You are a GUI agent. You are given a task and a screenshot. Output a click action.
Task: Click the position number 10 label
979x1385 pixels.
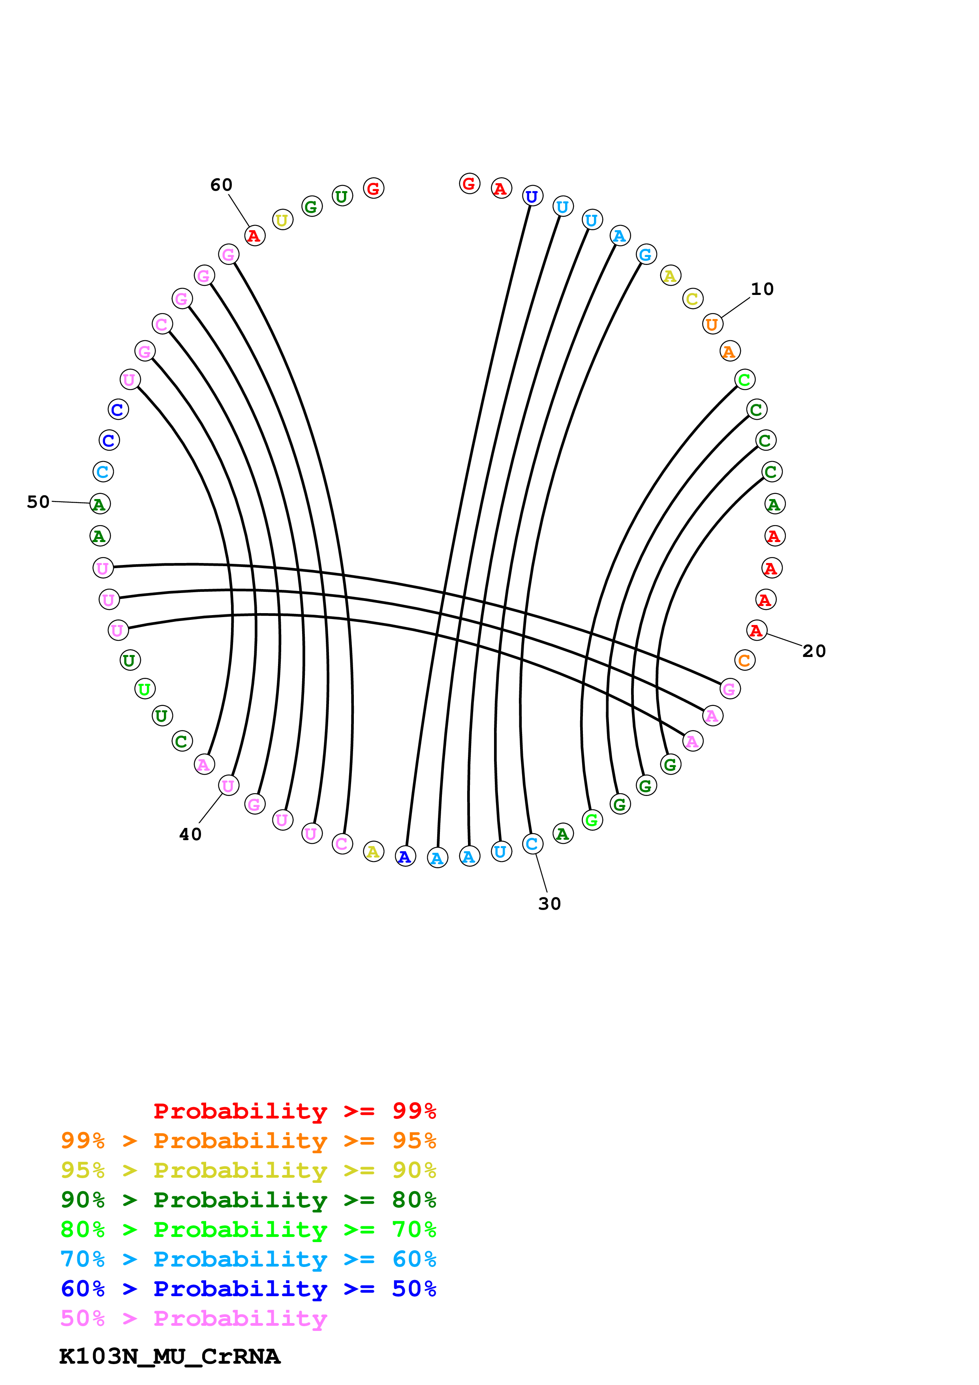click(762, 289)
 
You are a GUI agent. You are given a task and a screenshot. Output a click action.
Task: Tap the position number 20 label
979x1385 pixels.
click(814, 651)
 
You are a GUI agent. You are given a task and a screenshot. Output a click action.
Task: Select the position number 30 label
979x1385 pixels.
click(549, 904)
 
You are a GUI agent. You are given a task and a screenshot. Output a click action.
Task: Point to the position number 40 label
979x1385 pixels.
click(191, 835)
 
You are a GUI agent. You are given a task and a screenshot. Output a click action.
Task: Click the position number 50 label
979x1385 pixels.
click(38, 502)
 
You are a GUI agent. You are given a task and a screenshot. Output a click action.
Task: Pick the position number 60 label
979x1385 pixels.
click(222, 185)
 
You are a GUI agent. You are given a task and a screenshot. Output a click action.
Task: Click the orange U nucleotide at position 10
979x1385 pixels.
click(712, 325)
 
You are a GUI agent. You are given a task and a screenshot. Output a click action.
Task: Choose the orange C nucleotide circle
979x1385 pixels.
click(744, 661)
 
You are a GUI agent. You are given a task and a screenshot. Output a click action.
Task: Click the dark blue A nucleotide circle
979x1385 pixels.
click(405, 857)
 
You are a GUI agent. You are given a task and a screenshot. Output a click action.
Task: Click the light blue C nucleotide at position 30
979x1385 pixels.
click(532, 844)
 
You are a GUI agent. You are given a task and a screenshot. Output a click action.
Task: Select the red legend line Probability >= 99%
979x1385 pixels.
click(294, 1111)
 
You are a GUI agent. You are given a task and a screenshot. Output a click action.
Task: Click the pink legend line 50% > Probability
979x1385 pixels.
click(194, 1319)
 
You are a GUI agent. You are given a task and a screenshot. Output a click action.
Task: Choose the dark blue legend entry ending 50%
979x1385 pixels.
click(248, 1289)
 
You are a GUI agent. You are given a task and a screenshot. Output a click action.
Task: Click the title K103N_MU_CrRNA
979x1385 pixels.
click(169, 1357)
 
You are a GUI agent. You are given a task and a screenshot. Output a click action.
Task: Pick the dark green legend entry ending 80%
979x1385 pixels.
click(248, 1200)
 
